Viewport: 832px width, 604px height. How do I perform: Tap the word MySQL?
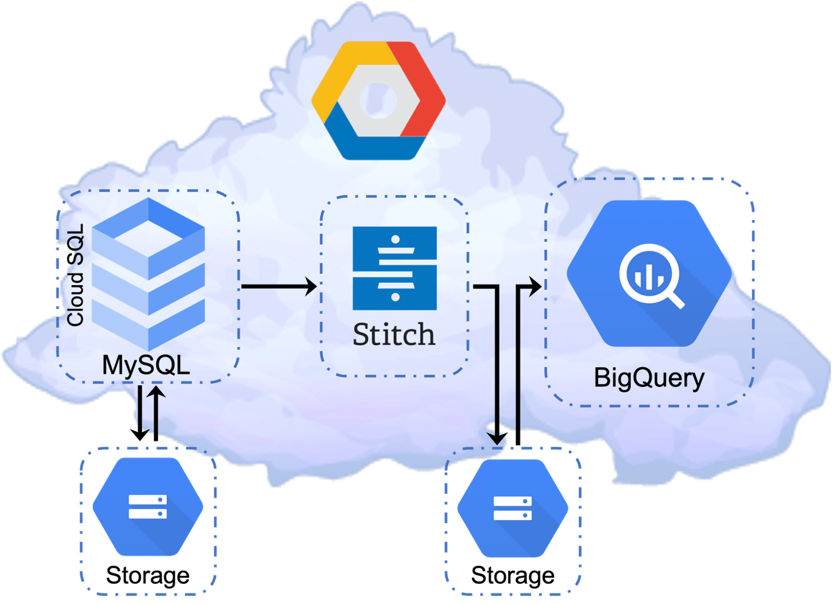(x=146, y=365)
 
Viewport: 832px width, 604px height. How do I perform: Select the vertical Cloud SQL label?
(x=75, y=275)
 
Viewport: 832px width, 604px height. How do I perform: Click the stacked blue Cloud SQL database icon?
(x=149, y=272)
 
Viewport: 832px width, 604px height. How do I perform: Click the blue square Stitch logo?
(x=394, y=268)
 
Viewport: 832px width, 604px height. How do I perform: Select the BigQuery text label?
(x=649, y=378)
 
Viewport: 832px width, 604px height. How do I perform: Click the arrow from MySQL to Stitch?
(x=278, y=286)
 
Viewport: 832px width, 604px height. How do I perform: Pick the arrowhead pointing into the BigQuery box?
(x=535, y=286)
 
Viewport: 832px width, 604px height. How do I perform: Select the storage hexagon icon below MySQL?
(x=148, y=507)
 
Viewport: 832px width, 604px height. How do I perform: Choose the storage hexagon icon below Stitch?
(x=513, y=508)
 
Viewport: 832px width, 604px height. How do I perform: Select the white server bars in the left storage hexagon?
(x=148, y=506)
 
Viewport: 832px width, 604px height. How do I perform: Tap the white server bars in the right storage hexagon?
(x=513, y=508)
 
